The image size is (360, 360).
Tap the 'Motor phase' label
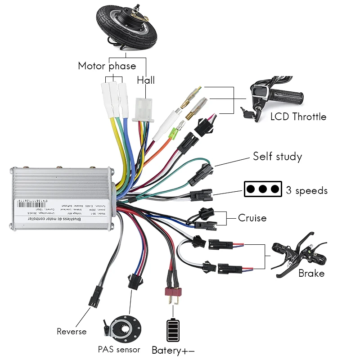pos(107,66)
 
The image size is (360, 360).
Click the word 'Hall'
pos(146,80)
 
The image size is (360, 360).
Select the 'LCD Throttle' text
pos(298,117)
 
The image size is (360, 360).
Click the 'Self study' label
pos(277,157)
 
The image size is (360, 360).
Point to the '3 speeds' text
pos(307,190)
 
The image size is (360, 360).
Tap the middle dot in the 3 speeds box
pos(263,189)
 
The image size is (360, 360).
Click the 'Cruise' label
pos(252,218)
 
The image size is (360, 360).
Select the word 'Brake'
pos(311,273)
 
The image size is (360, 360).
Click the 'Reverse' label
pos(72,332)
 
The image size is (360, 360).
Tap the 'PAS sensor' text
pos(119,350)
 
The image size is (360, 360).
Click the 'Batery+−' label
pos(173,350)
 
